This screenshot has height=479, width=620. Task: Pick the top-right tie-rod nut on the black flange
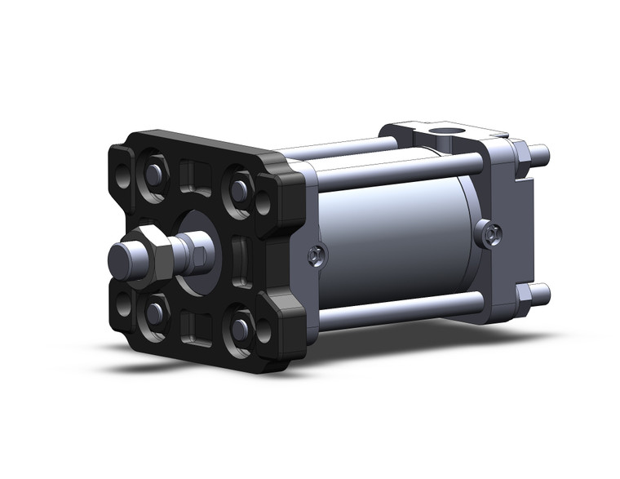pos(238,188)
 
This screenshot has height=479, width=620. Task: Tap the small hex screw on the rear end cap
pos(489,235)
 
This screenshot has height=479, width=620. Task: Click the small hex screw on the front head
pos(314,257)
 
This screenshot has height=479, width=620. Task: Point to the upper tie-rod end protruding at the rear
pos(540,153)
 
